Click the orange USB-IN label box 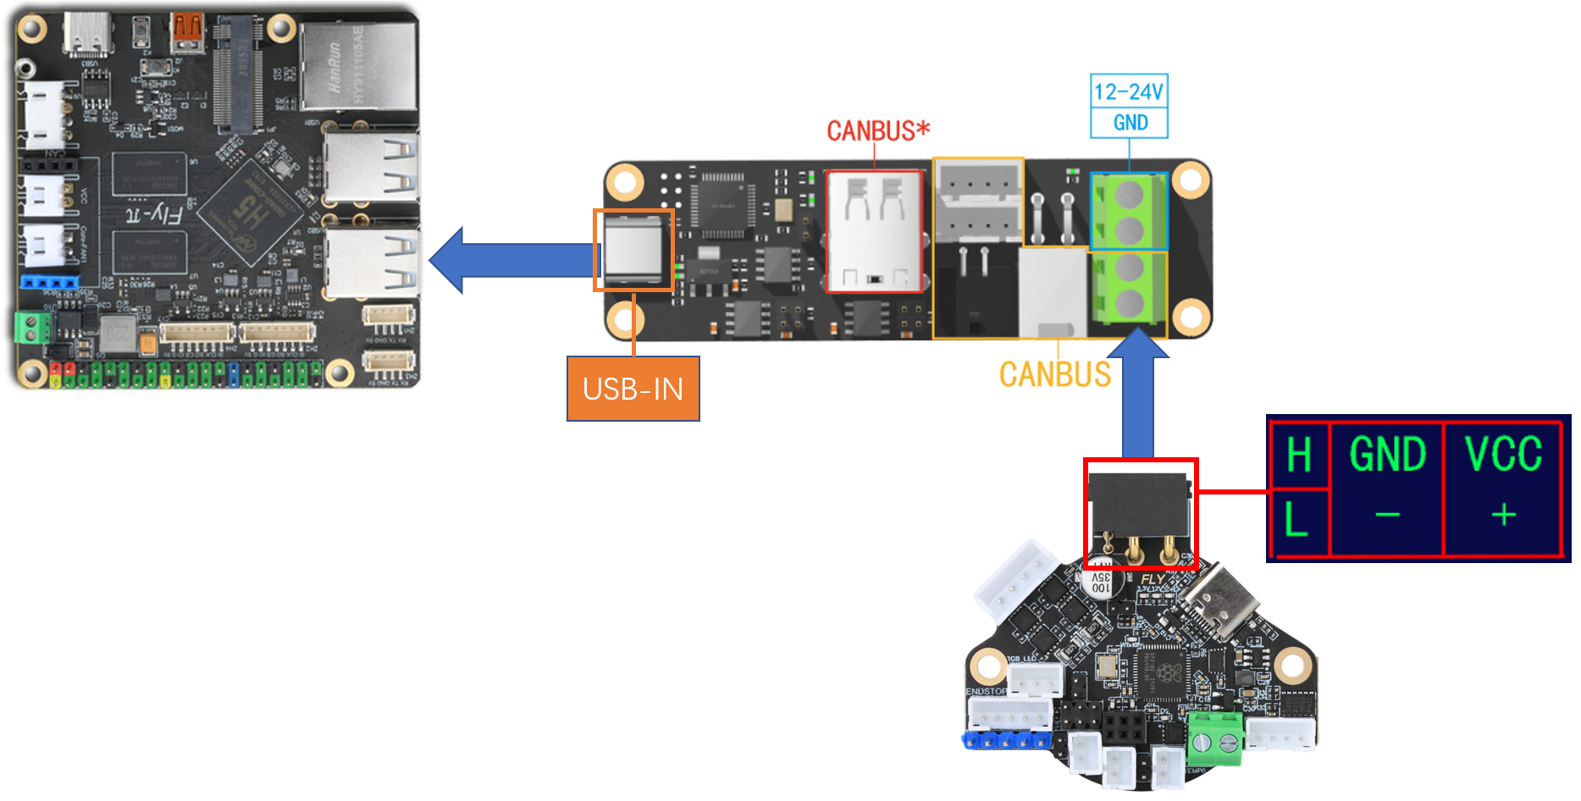633,389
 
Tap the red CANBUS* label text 877,131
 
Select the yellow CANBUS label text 1054,374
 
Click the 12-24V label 1128,91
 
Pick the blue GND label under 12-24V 1130,123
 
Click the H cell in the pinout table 1298,456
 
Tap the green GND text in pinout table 1387,455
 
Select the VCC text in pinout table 1503,455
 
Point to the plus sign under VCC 1503,515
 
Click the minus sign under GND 1387,515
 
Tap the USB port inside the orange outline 633,250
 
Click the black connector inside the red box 1139,505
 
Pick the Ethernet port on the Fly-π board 359,66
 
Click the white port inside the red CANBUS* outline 874,231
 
